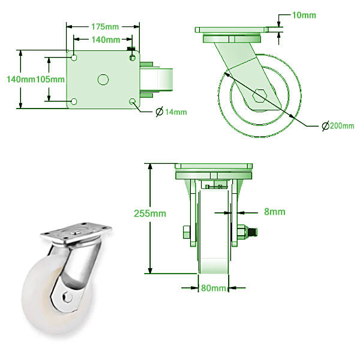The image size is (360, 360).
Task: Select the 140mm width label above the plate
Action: [104, 40]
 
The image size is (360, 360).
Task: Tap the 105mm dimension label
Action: [50, 79]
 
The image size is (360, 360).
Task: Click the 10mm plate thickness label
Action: [304, 15]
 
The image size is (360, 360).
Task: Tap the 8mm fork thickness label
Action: [274, 211]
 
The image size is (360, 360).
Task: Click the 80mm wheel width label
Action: [214, 288]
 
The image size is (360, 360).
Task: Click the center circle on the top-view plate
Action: [103, 79]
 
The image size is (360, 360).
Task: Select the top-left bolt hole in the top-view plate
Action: [74, 58]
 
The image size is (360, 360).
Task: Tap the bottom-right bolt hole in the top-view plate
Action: [133, 101]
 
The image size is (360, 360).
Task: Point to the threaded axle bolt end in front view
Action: [253, 232]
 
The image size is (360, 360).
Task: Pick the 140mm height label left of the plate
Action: [17, 79]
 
